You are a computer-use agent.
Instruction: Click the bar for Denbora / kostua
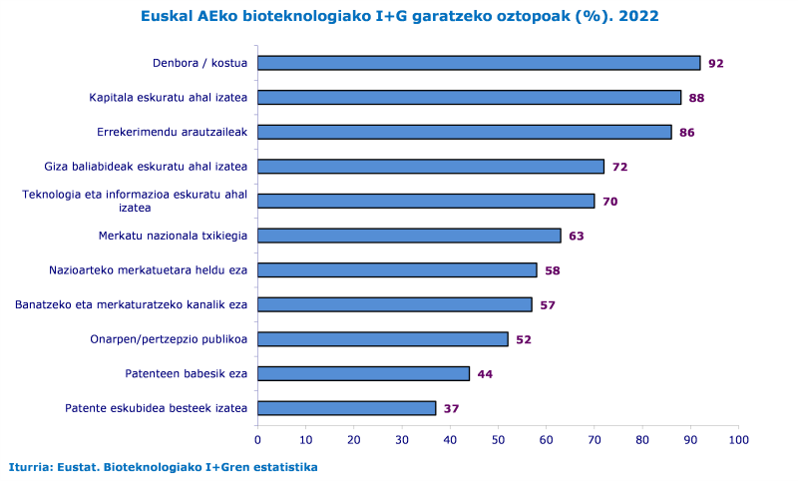[479, 63]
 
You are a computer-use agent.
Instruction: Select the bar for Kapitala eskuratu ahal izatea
[469, 98]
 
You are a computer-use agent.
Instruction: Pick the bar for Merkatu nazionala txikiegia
[409, 236]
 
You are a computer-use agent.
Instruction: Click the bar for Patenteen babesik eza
[363, 373]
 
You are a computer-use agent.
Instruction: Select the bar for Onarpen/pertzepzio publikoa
[382, 339]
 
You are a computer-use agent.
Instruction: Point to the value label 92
[715, 64]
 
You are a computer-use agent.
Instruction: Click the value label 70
[609, 202]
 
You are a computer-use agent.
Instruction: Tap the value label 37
[451, 408]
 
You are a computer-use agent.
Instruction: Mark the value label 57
[547, 304]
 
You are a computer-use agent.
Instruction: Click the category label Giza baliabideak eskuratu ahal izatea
[146, 167]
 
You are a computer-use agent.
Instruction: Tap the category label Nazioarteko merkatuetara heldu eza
[148, 269]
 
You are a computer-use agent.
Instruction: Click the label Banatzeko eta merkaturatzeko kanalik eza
[131, 304]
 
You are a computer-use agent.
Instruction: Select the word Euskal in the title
[167, 16]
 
